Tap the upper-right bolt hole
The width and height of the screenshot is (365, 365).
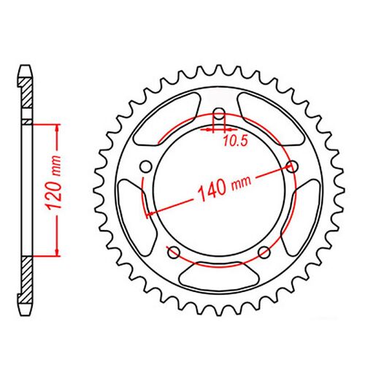point(294,167)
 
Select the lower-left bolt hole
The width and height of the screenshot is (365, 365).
point(174,253)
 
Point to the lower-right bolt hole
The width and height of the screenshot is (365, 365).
point(265,253)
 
